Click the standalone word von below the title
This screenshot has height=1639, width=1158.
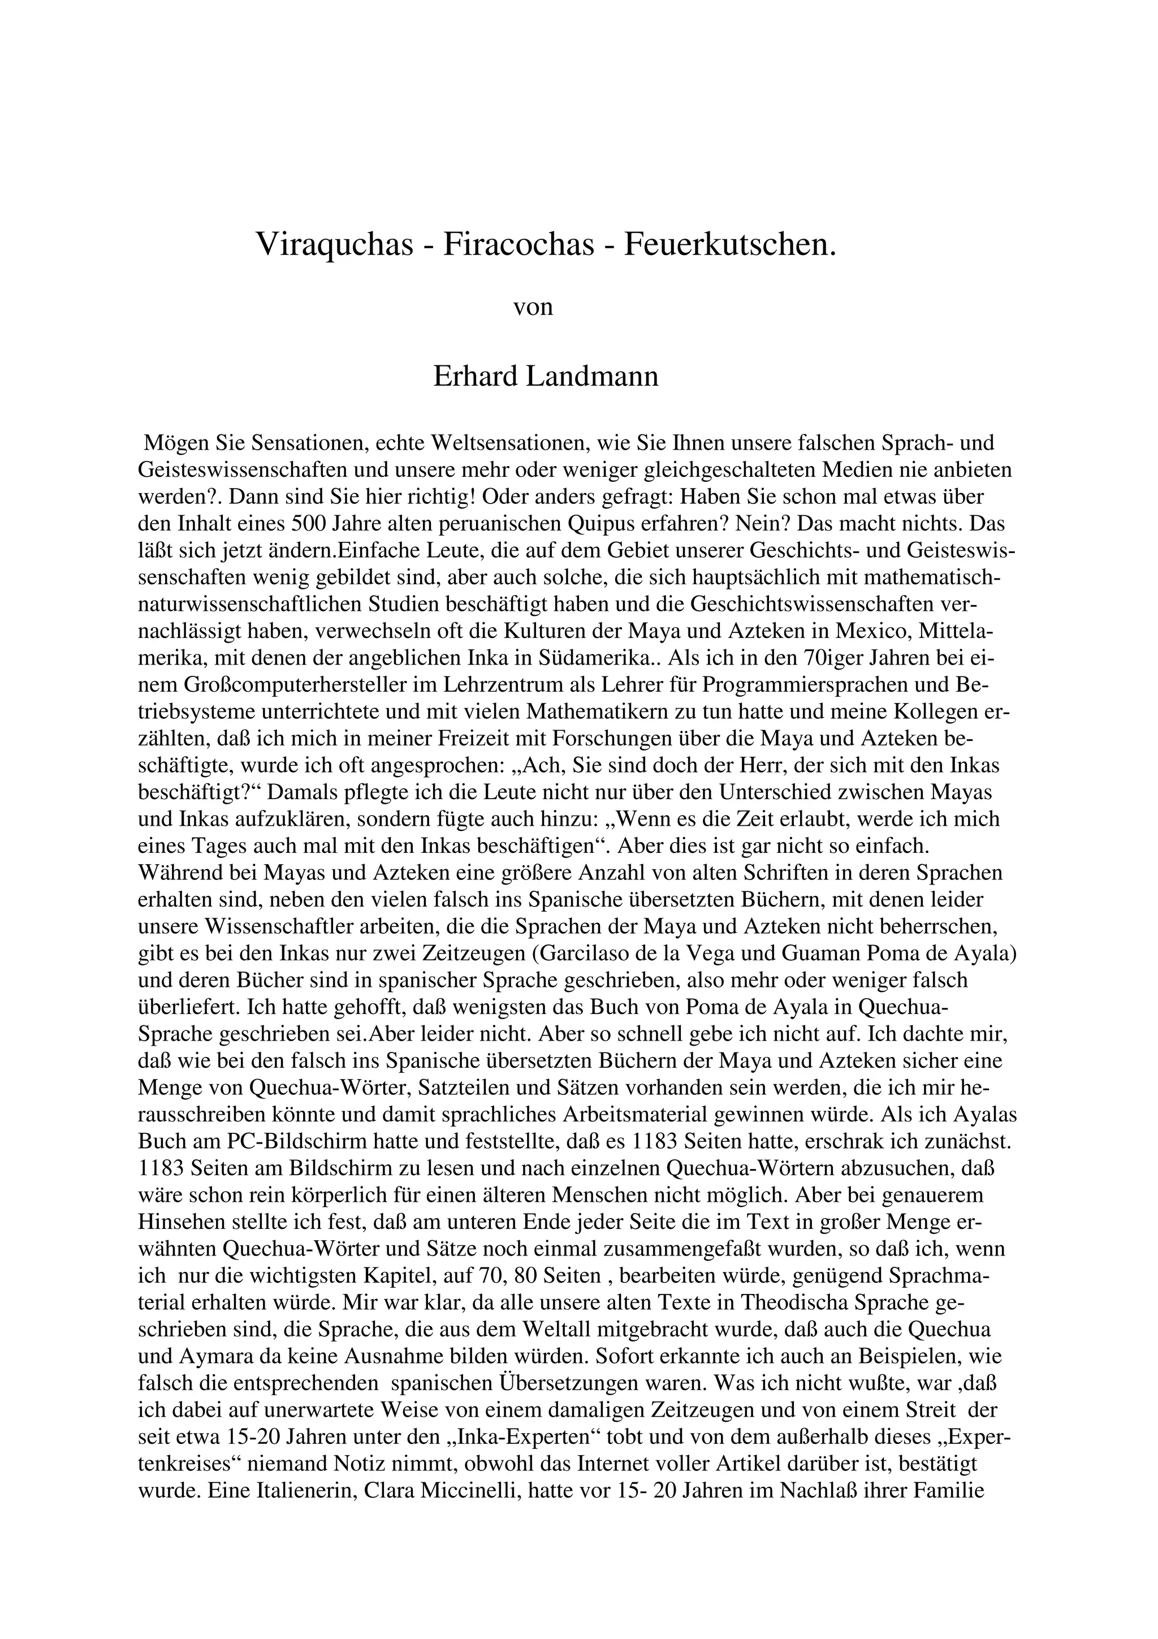(x=533, y=307)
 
